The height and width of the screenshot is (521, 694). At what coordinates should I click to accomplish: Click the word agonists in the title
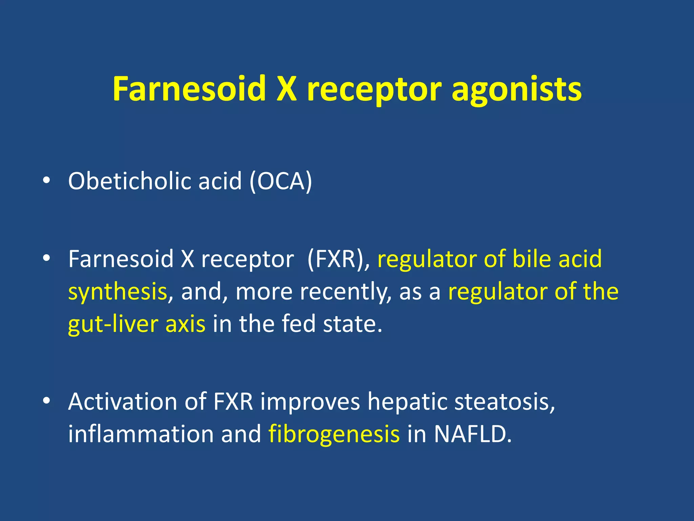516,90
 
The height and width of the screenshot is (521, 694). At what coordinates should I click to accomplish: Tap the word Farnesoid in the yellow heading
189,89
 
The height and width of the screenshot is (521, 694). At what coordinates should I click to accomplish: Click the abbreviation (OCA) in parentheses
281,181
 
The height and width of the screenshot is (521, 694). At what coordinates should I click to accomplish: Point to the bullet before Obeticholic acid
46,180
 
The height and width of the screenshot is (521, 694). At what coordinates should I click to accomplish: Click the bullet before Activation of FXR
46,401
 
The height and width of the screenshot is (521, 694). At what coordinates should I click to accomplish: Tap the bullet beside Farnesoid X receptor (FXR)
46,259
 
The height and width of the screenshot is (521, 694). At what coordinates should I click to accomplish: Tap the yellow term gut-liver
113,324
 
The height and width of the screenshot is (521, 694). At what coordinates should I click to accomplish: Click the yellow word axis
185,324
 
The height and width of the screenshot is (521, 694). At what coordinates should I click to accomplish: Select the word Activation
122,402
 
